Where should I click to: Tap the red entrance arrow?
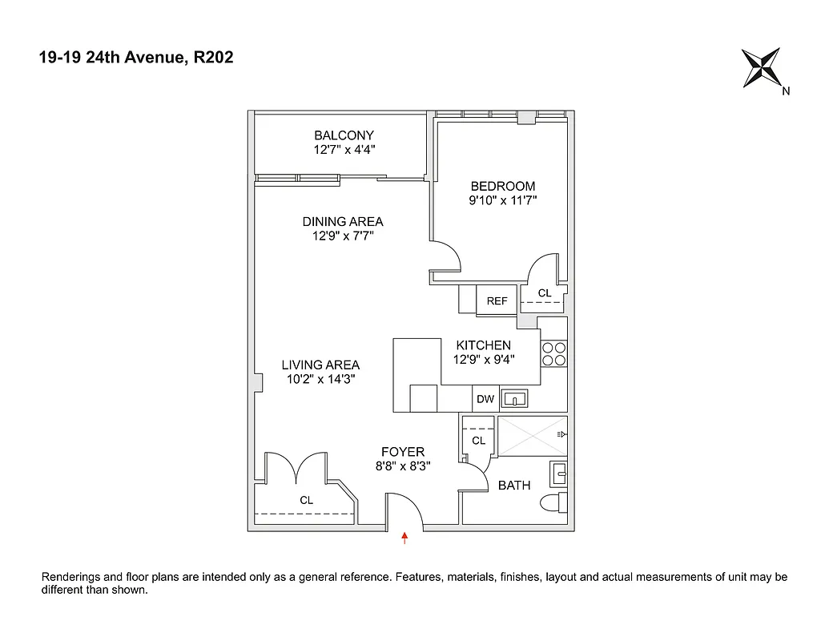(405, 538)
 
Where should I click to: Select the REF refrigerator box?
(497, 301)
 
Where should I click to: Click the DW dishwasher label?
(485, 399)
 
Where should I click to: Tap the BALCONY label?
(344, 135)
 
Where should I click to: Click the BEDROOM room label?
(502, 187)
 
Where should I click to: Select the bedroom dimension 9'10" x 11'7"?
(502, 201)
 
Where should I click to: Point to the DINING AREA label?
(343, 222)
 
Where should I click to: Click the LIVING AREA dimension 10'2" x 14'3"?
(320, 380)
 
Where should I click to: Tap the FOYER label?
(402, 452)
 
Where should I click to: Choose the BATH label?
(514, 485)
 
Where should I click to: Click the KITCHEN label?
(483, 345)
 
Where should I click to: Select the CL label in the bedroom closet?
(545, 293)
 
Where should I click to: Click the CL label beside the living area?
(307, 500)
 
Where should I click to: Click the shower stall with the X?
(529, 435)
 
